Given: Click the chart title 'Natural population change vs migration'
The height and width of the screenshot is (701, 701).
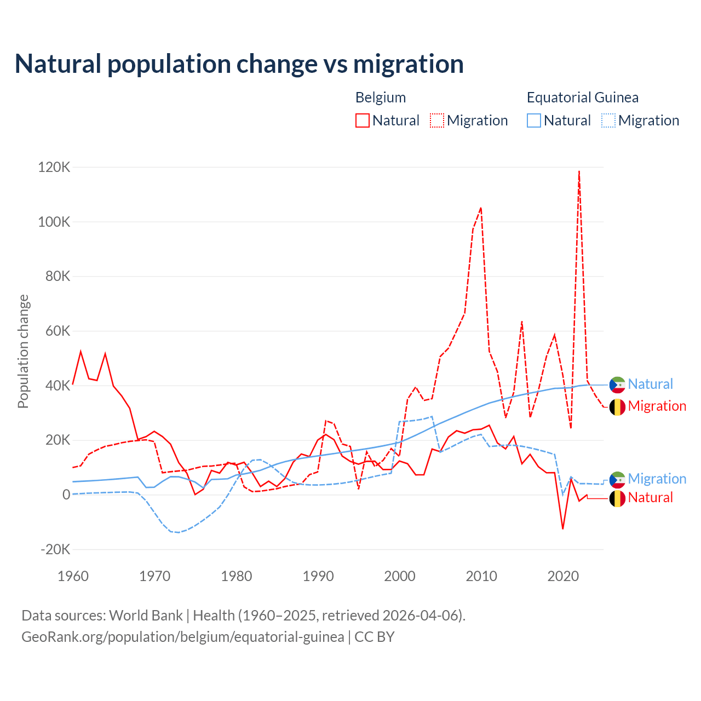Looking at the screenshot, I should (x=239, y=64).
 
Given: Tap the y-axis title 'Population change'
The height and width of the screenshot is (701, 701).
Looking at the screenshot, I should (x=23, y=351).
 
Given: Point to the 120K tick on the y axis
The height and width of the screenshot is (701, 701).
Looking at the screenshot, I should (x=54, y=167).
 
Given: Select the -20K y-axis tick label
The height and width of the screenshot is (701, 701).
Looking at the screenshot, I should (x=55, y=549).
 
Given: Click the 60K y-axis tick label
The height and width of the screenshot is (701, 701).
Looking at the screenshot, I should (x=58, y=331).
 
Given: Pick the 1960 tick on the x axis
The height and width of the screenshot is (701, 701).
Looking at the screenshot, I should (x=73, y=576).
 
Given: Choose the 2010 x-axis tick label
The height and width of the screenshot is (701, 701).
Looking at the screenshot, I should (x=481, y=576).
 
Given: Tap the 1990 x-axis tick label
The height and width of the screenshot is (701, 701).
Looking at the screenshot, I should (x=318, y=576).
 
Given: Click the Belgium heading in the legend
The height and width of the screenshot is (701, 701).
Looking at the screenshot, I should (x=381, y=97).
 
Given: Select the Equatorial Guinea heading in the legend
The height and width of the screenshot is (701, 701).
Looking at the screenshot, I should (x=582, y=97).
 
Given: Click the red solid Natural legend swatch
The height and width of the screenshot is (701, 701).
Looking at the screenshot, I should (x=363, y=120).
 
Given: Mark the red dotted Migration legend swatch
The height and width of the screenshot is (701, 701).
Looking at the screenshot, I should (x=437, y=120).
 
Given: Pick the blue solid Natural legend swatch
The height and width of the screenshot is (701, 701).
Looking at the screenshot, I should (x=534, y=120).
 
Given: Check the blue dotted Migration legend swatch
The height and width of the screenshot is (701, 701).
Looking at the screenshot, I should (x=608, y=120).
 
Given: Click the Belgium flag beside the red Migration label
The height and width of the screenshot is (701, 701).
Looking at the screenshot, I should (x=617, y=407).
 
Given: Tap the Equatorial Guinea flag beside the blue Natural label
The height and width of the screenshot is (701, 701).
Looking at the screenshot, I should (x=617, y=385).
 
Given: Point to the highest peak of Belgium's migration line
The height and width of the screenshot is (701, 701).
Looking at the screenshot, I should (x=579, y=171).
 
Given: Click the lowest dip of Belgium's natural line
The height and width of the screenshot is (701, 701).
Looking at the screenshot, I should (x=562, y=528).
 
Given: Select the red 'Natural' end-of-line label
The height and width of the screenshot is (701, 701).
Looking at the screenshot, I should (x=650, y=498).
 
